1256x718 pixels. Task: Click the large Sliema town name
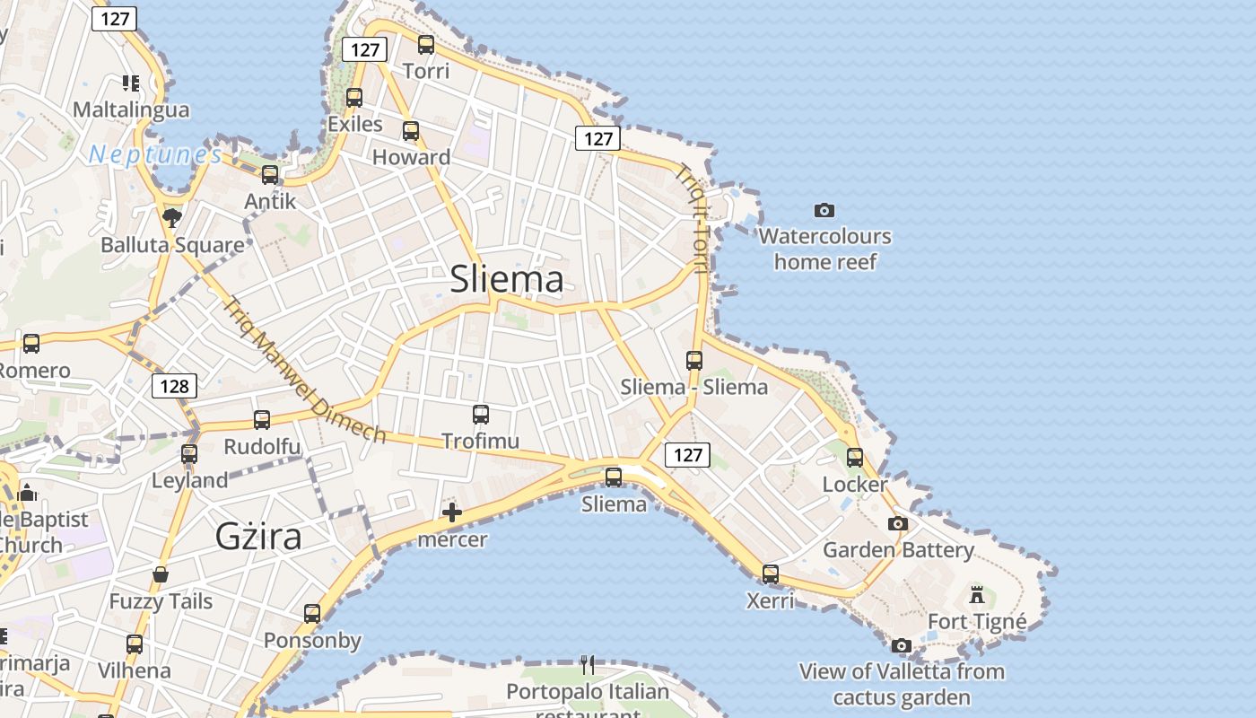coord(507,279)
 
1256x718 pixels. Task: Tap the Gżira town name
coord(258,536)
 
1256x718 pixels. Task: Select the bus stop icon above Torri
coord(426,44)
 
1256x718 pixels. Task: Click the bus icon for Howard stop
coord(411,131)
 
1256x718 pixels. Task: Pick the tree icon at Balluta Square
coord(171,217)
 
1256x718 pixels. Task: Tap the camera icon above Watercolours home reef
coord(824,211)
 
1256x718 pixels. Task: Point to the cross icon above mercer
coord(452,512)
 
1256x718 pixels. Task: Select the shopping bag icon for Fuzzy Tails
coord(161,574)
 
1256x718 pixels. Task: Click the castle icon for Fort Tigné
coord(977,594)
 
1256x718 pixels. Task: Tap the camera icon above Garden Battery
coord(898,523)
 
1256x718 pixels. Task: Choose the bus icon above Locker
coord(855,458)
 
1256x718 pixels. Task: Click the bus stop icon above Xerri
coord(771,574)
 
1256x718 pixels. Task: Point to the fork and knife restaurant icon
coord(588,664)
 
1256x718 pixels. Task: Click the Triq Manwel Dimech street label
coord(305,369)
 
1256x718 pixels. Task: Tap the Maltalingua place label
coord(131,110)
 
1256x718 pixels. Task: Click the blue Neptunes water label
coord(155,154)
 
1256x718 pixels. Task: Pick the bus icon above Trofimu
coord(481,415)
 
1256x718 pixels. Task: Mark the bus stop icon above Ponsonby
coord(312,614)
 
